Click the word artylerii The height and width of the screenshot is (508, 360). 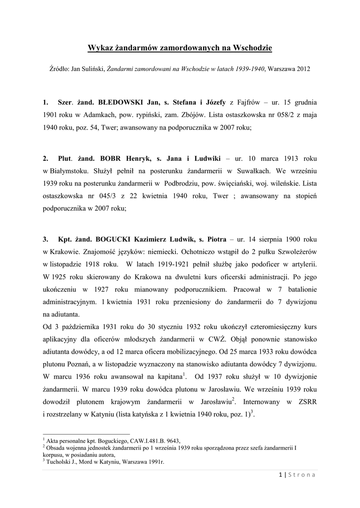pyautogui.click(x=302, y=264)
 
